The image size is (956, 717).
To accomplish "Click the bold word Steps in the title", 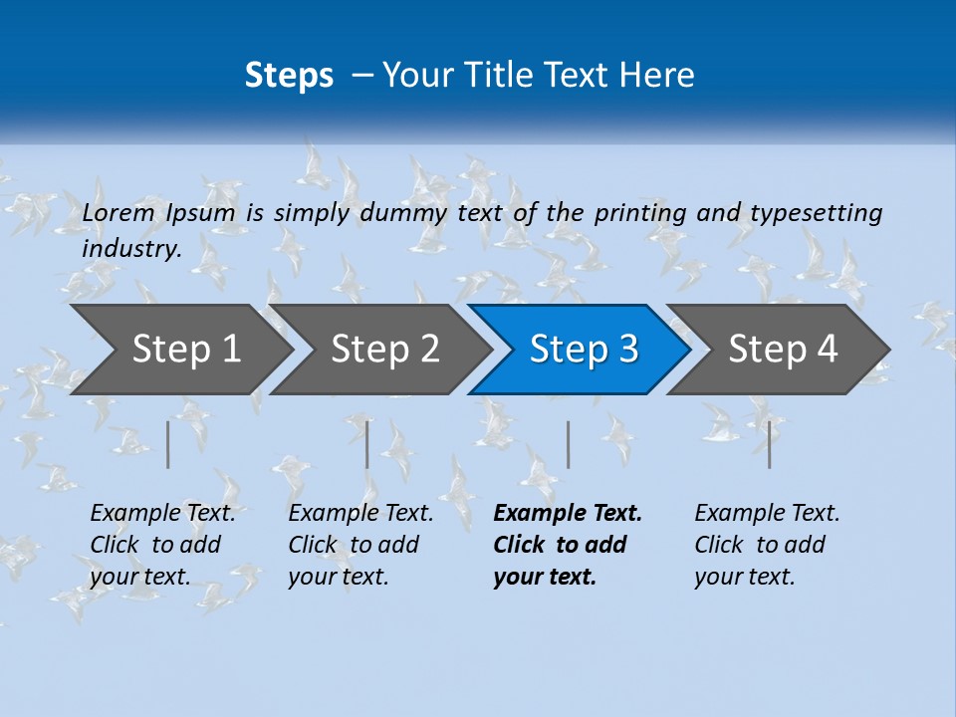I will [x=289, y=76].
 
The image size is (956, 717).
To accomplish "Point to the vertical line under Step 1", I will [x=168, y=444].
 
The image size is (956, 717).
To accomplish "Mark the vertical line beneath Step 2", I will [x=367, y=444].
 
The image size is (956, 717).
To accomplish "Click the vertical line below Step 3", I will [x=569, y=444].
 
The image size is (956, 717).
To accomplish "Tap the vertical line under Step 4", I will [x=770, y=444].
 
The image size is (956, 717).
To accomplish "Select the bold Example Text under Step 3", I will [x=568, y=513].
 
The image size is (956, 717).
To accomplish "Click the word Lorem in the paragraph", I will [x=119, y=212].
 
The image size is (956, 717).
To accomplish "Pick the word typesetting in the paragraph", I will [x=816, y=212].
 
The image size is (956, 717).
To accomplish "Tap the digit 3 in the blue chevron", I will [x=627, y=350].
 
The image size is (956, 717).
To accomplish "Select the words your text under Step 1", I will [x=139, y=577].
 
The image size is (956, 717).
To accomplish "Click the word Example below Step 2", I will [x=329, y=513].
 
